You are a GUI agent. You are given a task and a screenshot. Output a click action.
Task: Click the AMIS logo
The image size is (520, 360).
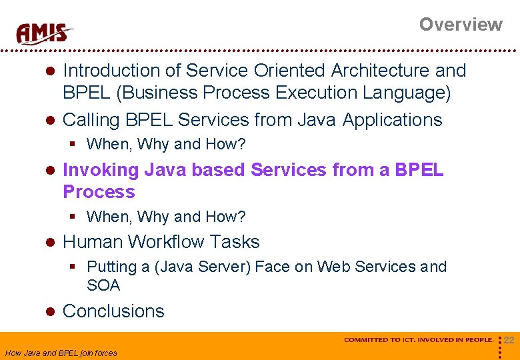pos(45,33)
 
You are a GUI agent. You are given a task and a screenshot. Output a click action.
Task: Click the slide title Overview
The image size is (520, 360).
pos(460,25)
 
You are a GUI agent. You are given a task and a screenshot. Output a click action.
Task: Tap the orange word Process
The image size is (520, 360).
pos(99,192)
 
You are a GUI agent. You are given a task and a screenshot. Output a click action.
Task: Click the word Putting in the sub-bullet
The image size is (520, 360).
pos(111,267)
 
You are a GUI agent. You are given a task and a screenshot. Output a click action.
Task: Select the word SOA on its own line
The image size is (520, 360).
pos(103,286)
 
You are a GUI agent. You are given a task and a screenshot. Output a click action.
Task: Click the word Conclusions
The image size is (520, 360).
pos(113,311)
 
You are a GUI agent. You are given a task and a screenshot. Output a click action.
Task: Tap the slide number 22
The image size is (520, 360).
pos(509,341)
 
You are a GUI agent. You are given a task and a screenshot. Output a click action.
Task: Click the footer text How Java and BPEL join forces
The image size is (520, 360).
pos(61,353)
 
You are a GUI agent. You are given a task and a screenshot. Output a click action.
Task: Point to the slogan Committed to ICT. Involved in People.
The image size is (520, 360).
pos(418,340)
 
